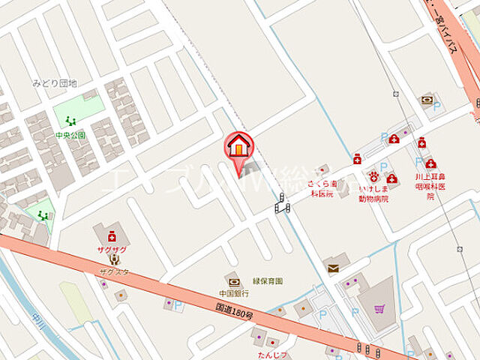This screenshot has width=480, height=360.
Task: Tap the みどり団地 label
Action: point(55,83)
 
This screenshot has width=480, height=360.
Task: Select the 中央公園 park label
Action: point(70,136)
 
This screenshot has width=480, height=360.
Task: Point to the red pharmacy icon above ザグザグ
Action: point(112,234)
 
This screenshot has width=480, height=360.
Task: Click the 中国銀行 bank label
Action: point(235,294)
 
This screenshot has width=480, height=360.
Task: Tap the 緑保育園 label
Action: point(268,281)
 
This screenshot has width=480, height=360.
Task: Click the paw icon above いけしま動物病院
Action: point(372,178)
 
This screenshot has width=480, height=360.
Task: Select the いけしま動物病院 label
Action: point(373,194)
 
